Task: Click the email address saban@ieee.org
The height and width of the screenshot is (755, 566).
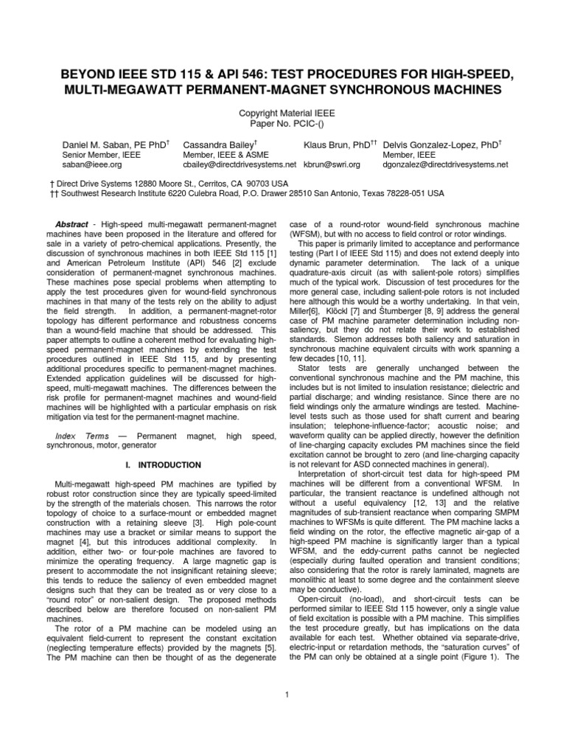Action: [91, 164]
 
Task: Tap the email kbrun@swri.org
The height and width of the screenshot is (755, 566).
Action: [331, 164]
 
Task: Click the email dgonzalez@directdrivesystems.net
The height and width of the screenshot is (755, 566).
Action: [446, 164]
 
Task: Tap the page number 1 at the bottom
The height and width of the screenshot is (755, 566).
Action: [284, 693]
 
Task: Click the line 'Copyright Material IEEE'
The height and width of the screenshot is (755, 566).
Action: [283, 114]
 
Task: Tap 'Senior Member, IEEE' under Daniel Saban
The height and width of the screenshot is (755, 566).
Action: [98, 154]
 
